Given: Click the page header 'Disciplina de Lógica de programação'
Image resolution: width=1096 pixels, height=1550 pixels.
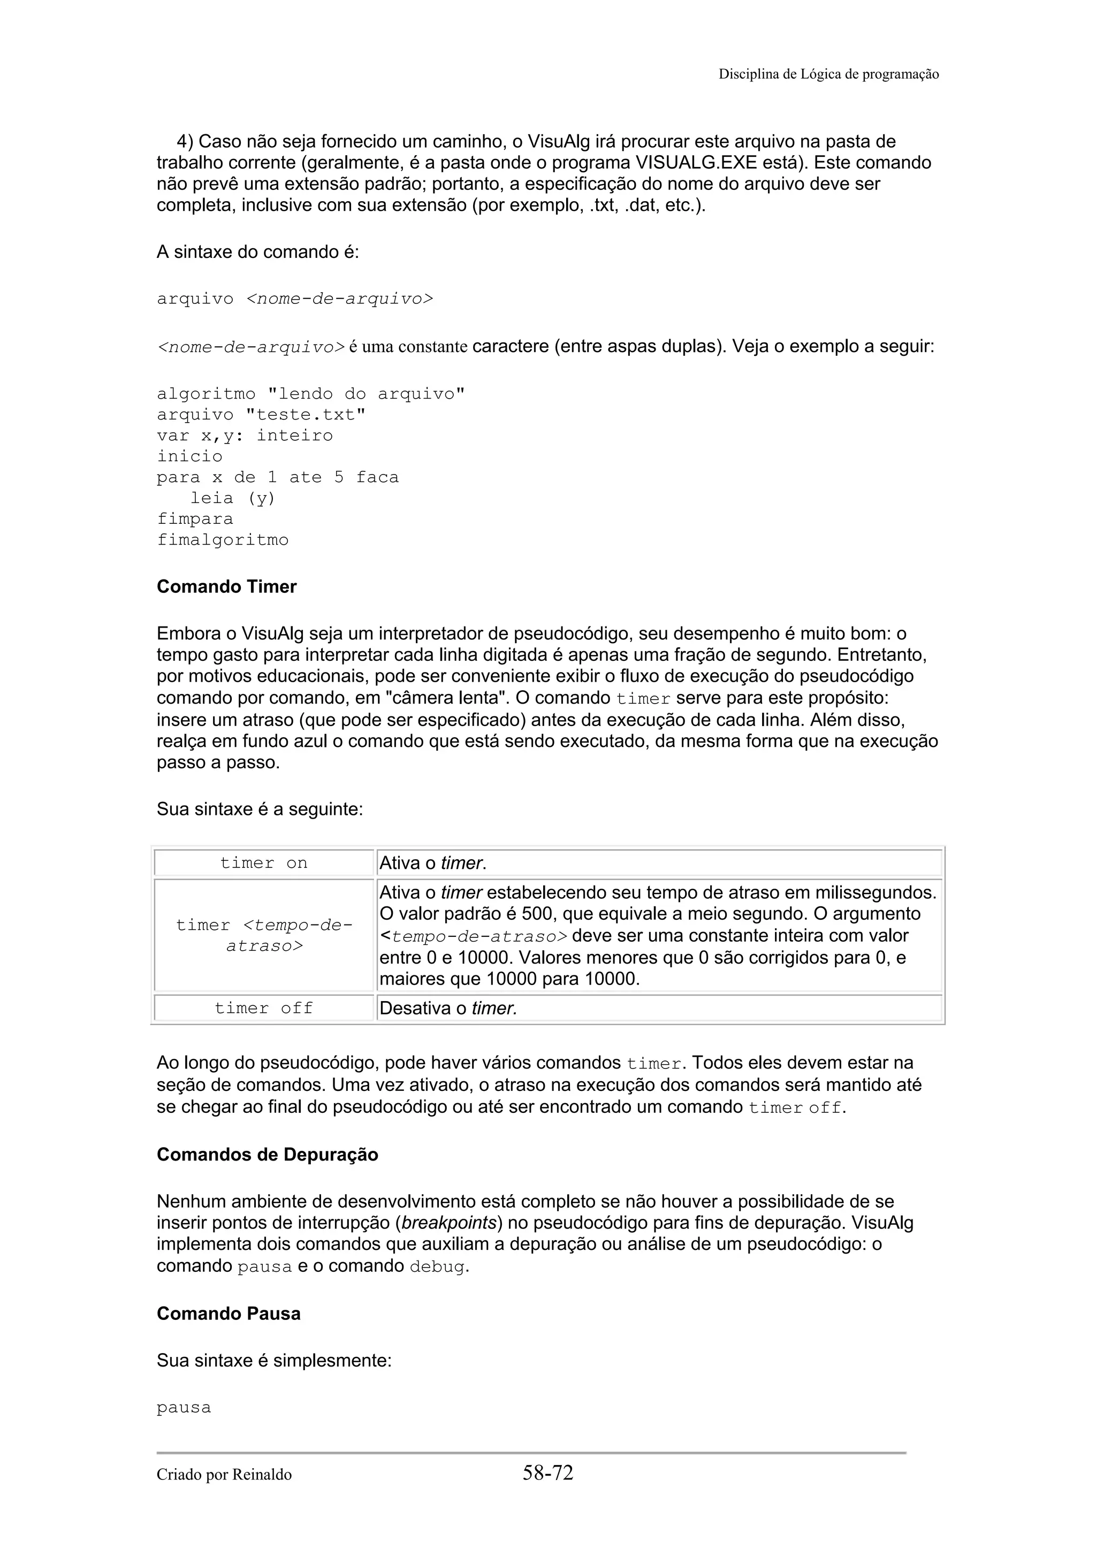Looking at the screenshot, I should [x=828, y=74].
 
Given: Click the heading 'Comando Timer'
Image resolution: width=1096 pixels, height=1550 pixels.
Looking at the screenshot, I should [x=226, y=586].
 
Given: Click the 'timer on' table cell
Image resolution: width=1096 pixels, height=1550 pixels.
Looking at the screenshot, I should [x=264, y=863].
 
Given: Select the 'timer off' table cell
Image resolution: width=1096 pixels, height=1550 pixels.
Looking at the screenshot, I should [x=264, y=1008].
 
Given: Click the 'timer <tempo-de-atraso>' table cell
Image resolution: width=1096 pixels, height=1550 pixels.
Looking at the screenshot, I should [x=264, y=935].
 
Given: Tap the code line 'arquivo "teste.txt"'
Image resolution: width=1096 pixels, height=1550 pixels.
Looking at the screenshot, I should [x=261, y=415].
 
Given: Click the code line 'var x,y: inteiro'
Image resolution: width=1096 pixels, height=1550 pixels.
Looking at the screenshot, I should [x=245, y=436].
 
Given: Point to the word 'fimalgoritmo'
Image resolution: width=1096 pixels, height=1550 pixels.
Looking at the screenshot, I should [x=223, y=540].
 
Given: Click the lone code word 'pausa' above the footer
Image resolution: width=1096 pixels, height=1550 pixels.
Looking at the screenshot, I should [x=184, y=1408].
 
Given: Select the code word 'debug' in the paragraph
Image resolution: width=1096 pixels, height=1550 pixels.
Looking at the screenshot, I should [x=437, y=1266].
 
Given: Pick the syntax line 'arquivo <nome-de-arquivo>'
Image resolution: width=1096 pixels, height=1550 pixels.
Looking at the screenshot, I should [x=295, y=299].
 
